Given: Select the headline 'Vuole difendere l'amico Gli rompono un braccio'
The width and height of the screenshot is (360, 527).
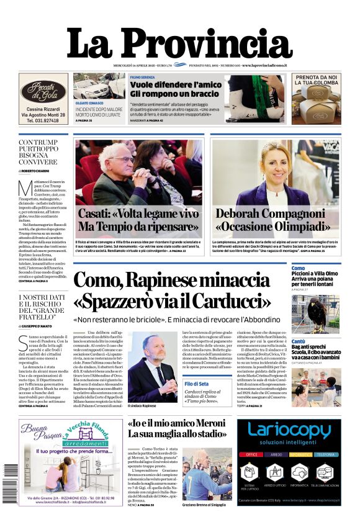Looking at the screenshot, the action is (176, 88).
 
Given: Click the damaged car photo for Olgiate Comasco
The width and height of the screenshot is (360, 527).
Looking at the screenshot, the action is (99, 86).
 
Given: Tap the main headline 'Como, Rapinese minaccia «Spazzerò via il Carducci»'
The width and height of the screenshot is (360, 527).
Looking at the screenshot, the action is (173, 291).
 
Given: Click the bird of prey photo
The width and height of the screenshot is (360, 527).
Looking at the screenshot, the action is (325, 312).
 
